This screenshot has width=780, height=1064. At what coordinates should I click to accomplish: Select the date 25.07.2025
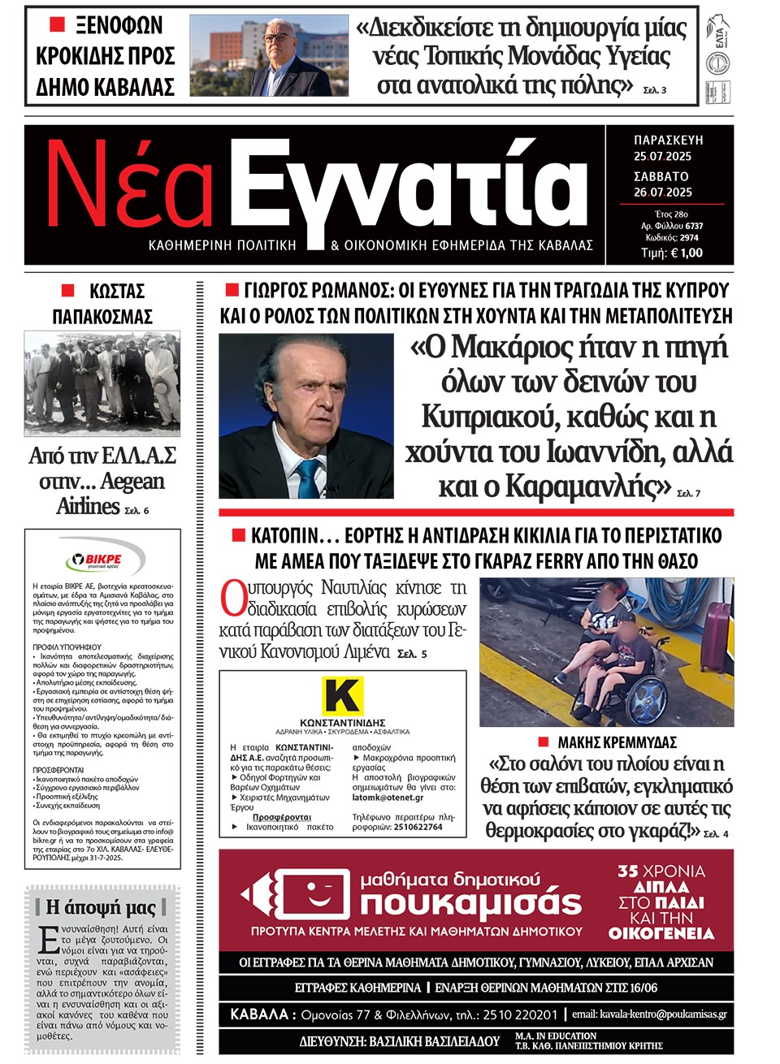662,156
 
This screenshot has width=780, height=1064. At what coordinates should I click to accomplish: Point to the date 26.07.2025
662,192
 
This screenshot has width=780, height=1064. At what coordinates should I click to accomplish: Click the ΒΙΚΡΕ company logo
102,559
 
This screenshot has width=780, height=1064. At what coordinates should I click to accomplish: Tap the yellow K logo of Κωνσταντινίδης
342,696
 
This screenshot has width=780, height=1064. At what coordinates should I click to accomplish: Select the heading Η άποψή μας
101,907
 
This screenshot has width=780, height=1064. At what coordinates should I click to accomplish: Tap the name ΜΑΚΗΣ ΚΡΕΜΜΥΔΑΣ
617,742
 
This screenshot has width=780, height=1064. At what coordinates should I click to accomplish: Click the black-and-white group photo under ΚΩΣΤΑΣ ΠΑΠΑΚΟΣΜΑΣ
102,382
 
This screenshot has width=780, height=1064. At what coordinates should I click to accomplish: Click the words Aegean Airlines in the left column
102,493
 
